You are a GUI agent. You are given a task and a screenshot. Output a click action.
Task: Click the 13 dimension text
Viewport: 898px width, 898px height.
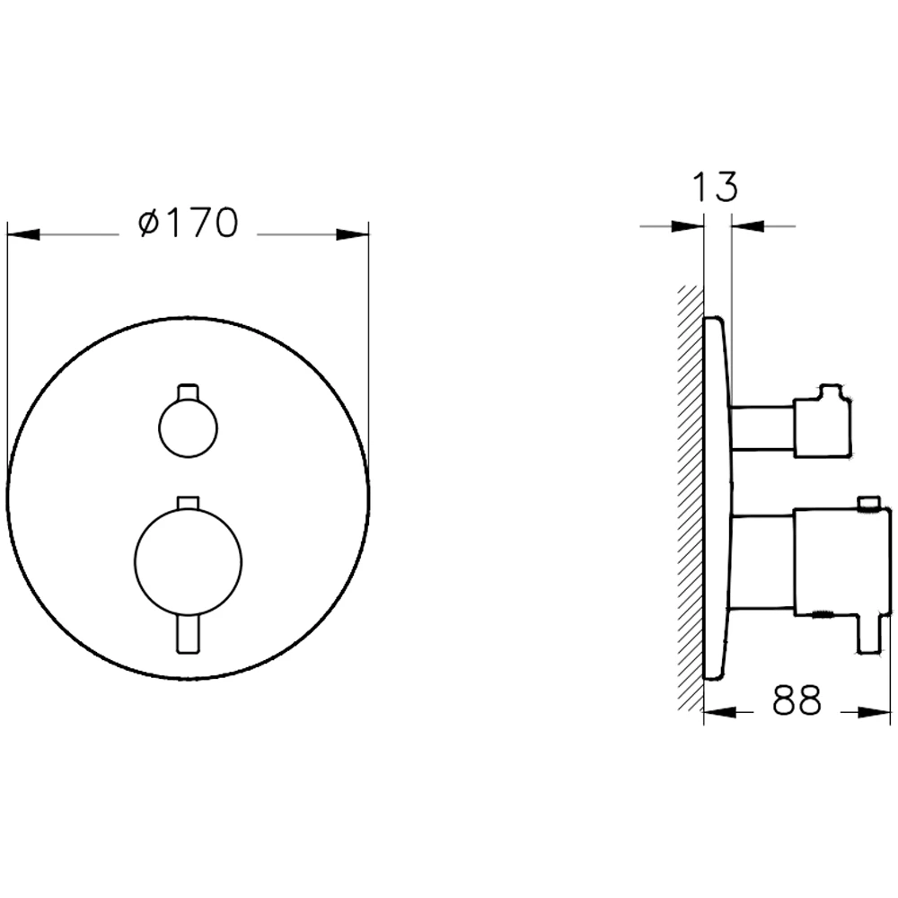click(x=716, y=186)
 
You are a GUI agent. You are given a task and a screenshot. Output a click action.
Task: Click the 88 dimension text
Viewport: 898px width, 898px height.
click(x=797, y=700)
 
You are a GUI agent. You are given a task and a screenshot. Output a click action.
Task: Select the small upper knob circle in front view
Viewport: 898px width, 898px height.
click(x=189, y=427)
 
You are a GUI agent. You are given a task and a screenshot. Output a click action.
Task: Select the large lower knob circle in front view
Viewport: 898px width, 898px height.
click(x=189, y=561)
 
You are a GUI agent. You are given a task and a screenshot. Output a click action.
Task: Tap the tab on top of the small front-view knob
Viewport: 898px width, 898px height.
click(x=189, y=392)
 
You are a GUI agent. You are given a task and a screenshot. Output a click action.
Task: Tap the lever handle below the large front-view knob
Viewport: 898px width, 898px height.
click(x=189, y=633)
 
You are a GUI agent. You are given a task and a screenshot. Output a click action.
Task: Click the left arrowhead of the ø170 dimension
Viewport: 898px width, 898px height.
click(x=23, y=234)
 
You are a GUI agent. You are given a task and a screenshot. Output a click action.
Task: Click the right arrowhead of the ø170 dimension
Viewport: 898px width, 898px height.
click(x=352, y=234)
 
